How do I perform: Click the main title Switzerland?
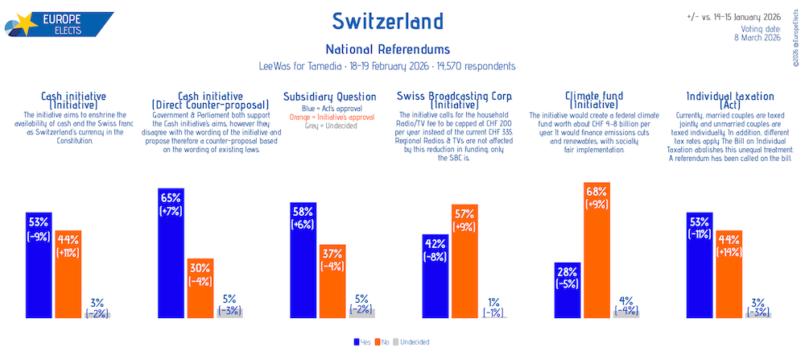tap(387, 20)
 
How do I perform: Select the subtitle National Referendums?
tap(387, 49)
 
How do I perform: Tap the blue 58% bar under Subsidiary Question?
tap(303, 262)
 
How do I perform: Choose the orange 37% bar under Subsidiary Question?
tap(332, 282)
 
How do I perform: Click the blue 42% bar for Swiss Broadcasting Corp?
tap(435, 277)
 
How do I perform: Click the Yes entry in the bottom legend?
tap(364, 342)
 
